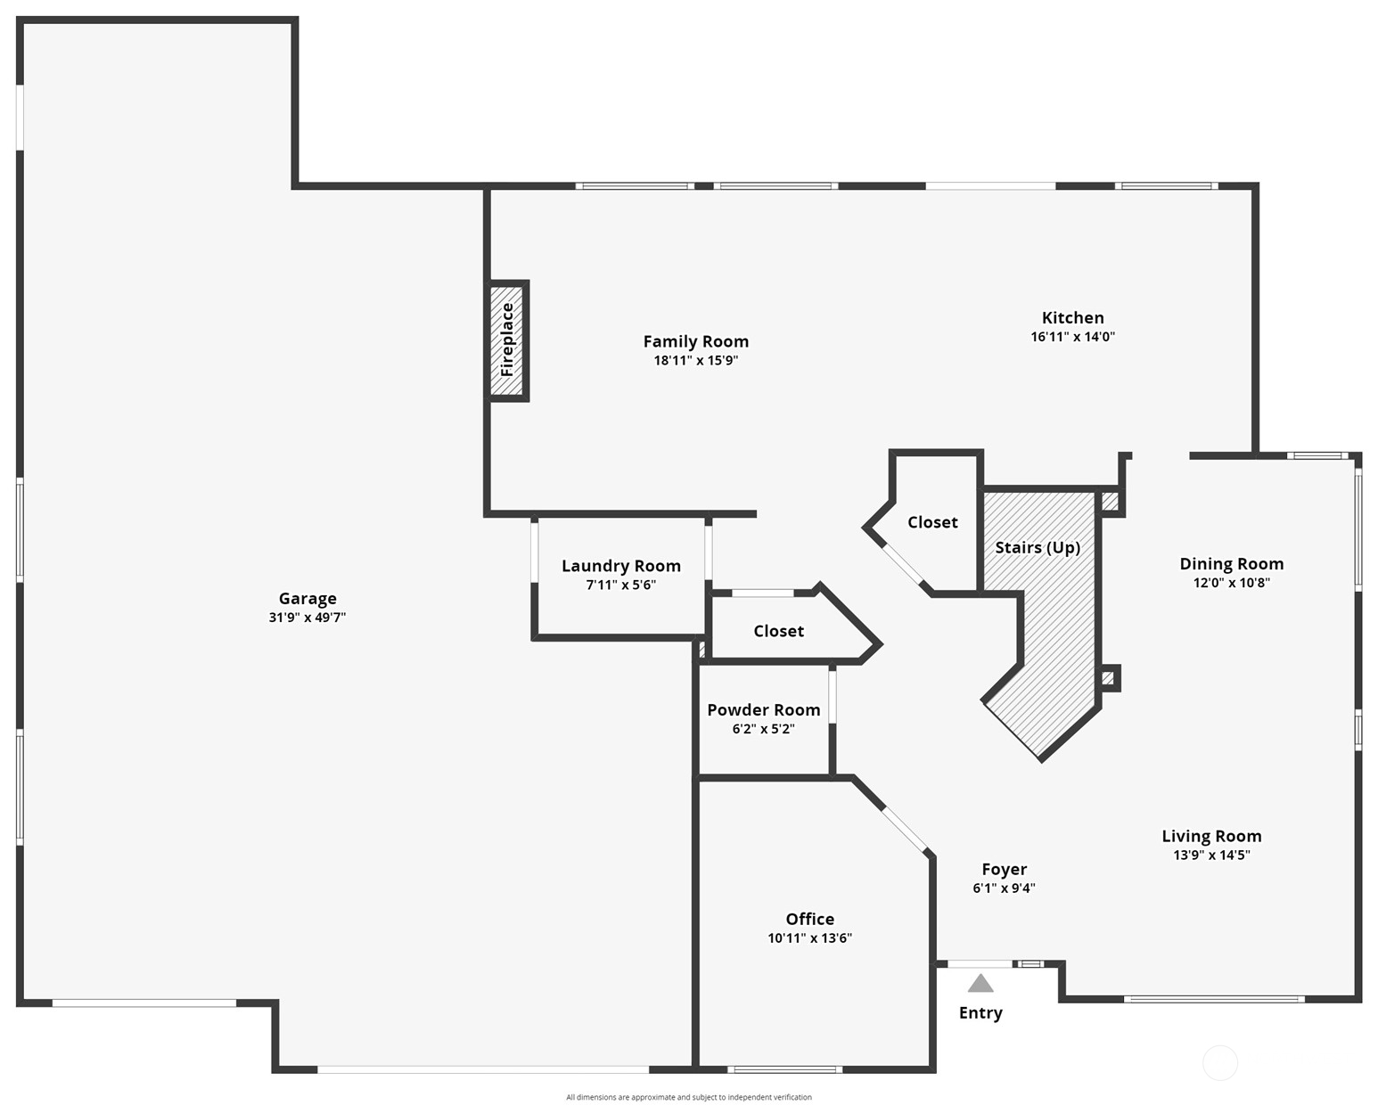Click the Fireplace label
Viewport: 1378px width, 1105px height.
click(x=508, y=340)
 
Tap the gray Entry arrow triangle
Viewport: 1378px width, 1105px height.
click(x=980, y=984)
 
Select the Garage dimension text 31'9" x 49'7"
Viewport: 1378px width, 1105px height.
click(x=308, y=618)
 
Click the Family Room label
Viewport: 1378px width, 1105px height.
click(x=696, y=341)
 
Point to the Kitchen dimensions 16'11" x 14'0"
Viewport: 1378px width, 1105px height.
click(x=1073, y=337)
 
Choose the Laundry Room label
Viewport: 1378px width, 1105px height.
click(x=621, y=566)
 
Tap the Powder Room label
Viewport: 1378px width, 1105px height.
click(x=764, y=710)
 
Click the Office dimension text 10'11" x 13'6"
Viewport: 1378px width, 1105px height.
click(x=810, y=938)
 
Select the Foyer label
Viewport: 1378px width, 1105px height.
click(x=1005, y=870)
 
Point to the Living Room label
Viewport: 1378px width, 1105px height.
click(x=1211, y=836)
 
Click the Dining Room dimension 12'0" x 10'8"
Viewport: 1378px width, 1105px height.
click(x=1232, y=583)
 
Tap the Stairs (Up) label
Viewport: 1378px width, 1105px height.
click(x=1038, y=547)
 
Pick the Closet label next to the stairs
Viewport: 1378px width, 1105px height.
click(x=932, y=522)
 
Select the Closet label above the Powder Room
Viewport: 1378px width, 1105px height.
click(x=779, y=631)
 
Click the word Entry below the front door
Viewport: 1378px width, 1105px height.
click(x=980, y=1013)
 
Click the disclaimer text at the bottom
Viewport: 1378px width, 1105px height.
click(x=689, y=1097)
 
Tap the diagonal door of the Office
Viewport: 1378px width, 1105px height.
click(x=906, y=830)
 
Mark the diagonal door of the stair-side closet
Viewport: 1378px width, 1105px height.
click(x=903, y=563)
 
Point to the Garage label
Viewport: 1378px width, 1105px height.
click(x=308, y=599)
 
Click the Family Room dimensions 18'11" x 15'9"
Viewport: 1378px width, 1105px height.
click(x=696, y=361)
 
